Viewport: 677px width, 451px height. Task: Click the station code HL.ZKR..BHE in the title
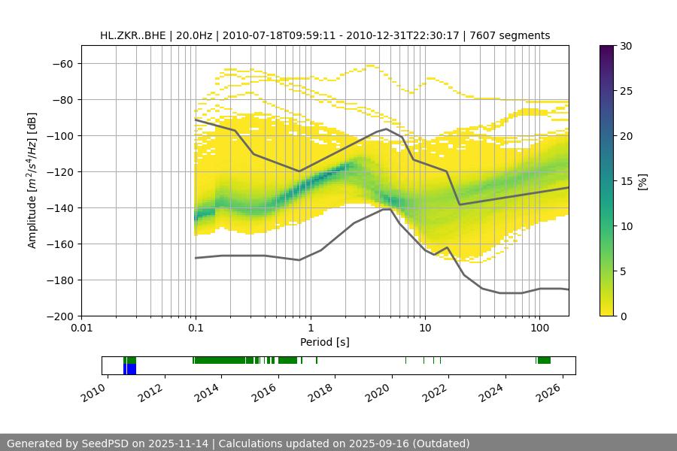[132, 35]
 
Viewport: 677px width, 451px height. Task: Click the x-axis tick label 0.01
[81, 328]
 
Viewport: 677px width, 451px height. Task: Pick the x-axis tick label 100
[539, 328]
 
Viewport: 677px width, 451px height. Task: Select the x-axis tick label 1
[310, 328]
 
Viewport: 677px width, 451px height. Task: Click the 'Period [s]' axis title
[324, 342]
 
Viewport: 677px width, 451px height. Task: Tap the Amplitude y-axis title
[32, 180]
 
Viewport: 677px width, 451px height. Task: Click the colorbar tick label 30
[625, 46]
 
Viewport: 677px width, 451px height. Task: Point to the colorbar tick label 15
[625, 181]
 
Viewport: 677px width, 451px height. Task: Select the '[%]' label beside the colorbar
[642, 181]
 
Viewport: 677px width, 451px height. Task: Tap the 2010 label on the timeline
[94, 392]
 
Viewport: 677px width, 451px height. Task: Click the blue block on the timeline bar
[131, 369]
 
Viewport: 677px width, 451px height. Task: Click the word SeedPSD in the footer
[107, 443]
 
